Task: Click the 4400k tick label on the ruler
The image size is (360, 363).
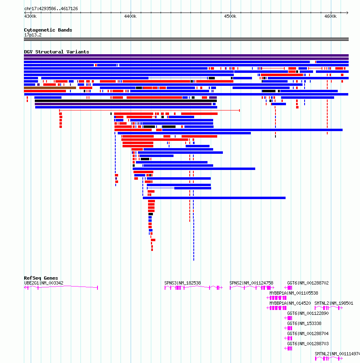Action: [130, 16]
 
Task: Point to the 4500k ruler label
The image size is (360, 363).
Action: [230, 16]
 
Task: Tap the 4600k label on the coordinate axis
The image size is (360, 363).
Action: [330, 16]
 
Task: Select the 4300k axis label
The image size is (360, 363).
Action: [30, 16]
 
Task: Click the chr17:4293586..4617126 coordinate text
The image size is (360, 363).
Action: [51, 8]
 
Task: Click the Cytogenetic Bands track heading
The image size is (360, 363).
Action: [48, 30]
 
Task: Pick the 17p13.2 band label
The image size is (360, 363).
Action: [33, 35]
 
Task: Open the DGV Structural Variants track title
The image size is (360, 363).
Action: [57, 52]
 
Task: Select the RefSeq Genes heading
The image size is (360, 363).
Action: [41, 278]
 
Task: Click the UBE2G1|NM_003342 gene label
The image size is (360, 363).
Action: [44, 283]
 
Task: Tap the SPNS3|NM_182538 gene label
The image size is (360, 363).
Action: [182, 283]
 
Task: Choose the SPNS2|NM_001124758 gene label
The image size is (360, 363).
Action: [251, 283]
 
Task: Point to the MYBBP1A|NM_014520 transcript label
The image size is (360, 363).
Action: [290, 303]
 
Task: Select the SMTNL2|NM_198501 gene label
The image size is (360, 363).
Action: [334, 303]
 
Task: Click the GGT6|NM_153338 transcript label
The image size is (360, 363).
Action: [304, 323]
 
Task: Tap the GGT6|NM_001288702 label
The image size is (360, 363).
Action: [308, 283]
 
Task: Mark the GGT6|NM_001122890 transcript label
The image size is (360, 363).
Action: [308, 313]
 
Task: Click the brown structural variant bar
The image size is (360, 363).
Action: [50, 88]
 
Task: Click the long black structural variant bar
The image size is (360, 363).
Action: [126, 101]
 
